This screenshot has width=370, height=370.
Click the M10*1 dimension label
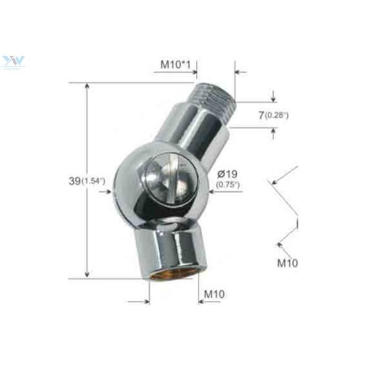(x=175, y=64)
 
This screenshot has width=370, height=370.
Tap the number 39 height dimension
(x=75, y=181)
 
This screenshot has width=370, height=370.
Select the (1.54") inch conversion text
(x=94, y=181)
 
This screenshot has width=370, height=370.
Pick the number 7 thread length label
(x=261, y=115)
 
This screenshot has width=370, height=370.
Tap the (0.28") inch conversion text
(x=277, y=115)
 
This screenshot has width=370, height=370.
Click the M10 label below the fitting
(x=214, y=294)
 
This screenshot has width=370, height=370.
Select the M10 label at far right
(x=287, y=263)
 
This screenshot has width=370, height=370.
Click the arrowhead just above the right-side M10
(x=281, y=245)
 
